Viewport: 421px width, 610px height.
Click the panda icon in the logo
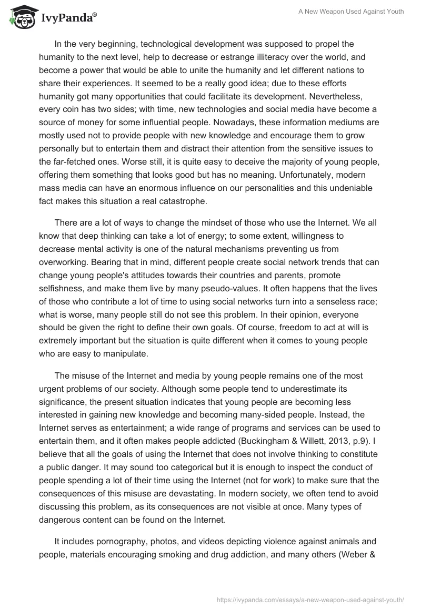19,18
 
